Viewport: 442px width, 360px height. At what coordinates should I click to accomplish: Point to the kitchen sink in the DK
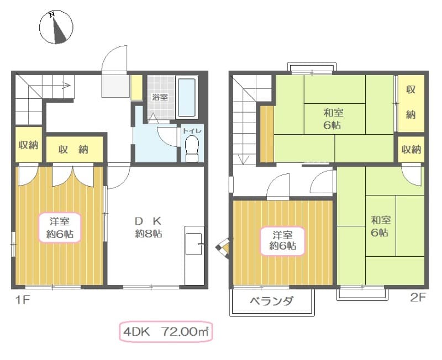click(193, 243)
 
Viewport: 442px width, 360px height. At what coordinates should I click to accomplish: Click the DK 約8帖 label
click(148, 227)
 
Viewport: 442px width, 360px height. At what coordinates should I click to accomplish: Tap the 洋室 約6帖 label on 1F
click(59, 227)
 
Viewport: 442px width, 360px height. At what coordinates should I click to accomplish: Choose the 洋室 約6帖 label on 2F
click(282, 240)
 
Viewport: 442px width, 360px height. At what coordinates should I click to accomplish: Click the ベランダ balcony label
click(271, 301)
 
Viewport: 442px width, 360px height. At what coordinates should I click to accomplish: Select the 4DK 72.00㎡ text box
click(165, 332)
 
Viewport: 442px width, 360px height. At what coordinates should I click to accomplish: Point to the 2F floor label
click(418, 298)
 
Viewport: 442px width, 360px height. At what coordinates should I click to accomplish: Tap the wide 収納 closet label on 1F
click(75, 150)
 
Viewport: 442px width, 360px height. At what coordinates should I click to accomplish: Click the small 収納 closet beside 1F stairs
click(28, 146)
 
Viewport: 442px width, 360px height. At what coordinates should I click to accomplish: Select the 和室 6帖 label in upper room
click(334, 119)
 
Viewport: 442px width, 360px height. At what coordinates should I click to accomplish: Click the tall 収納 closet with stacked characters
click(411, 103)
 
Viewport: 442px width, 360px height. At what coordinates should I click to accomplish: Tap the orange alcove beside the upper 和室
click(267, 134)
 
